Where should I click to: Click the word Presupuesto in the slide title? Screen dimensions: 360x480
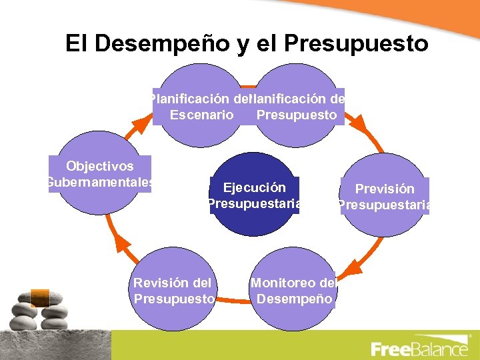coord(355,43)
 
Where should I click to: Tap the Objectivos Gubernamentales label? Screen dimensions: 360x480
coord(99,174)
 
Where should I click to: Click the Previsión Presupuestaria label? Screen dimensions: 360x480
coord(384,197)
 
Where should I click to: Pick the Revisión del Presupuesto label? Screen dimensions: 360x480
coord(174,291)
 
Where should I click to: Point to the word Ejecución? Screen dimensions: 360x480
coord(254,188)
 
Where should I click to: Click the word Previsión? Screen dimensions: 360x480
coord(385,189)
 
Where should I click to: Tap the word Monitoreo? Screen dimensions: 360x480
coord(284,283)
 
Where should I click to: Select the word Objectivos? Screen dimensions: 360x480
coord(99,167)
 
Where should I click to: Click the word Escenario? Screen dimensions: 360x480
coord(201,115)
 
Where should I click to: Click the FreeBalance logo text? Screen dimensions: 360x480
coord(419,349)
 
